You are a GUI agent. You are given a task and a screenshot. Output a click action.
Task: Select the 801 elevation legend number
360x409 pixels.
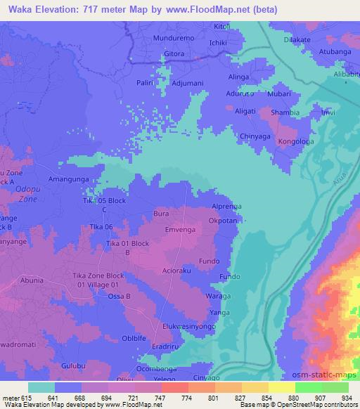click(207, 396)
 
